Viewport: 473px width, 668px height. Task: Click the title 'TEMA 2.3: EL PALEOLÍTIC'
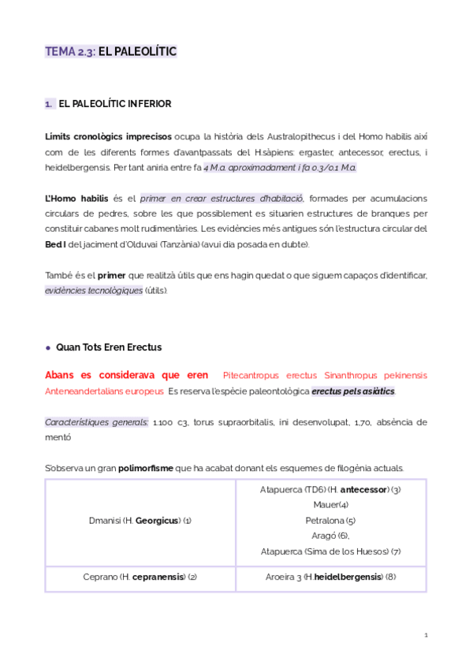[x=111, y=52]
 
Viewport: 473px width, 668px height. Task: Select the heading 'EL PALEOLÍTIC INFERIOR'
[x=115, y=104]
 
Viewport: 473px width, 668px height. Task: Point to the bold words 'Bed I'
[x=56, y=244]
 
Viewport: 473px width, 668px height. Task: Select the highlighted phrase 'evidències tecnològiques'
[x=94, y=291]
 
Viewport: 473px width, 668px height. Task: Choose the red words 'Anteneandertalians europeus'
[x=105, y=391]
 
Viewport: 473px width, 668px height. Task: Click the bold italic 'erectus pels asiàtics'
[x=353, y=391]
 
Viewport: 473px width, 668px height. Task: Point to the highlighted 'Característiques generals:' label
[x=96, y=422]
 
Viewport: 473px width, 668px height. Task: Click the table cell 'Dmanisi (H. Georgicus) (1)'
[x=140, y=521]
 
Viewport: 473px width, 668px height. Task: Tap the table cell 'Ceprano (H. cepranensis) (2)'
[x=140, y=577]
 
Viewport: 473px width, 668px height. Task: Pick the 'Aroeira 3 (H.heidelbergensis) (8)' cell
[x=330, y=577]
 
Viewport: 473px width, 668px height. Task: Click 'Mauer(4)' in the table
[x=330, y=505]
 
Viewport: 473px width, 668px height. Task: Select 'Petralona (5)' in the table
[x=330, y=521]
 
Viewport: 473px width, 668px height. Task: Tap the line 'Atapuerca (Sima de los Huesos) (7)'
[x=330, y=551]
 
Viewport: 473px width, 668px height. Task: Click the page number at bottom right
[x=426, y=635]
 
